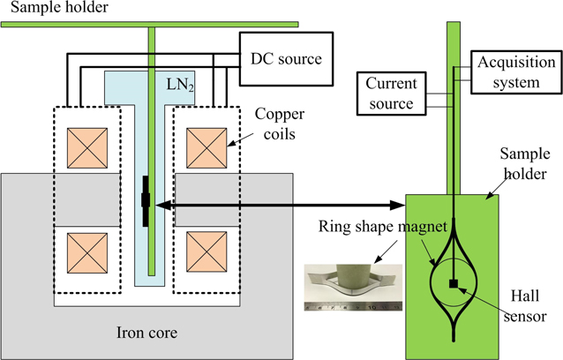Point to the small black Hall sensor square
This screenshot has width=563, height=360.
453,284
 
